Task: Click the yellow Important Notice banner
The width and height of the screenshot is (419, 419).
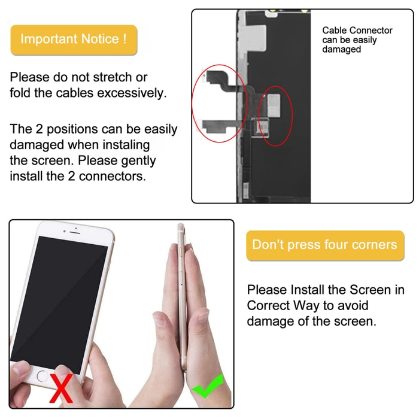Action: pyautogui.click(x=74, y=40)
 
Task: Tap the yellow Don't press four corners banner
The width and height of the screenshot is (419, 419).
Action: pyautogui.click(x=324, y=245)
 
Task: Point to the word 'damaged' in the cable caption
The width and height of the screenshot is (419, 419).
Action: pyautogui.click(x=341, y=50)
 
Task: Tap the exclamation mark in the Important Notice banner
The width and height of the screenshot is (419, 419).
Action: pyautogui.click(x=124, y=40)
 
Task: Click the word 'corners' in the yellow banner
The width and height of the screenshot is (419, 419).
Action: pyautogui.click(x=373, y=245)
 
